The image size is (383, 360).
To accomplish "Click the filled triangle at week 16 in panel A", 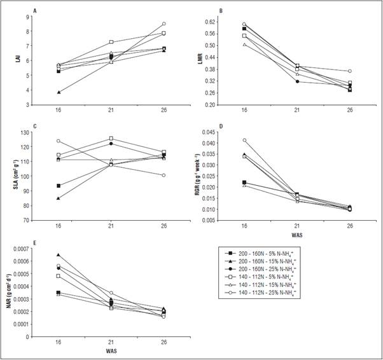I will click(x=59, y=92).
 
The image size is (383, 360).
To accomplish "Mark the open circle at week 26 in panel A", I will click(x=164, y=24).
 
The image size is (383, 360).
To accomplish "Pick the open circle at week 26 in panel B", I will click(x=350, y=71).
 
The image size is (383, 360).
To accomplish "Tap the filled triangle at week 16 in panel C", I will click(x=59, y=198).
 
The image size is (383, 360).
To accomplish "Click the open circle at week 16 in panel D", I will click(x=244, y=141).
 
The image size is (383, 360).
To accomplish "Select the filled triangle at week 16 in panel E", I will click(x=59, y=254).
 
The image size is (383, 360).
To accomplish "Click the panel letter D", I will click(x=220, y=127).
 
